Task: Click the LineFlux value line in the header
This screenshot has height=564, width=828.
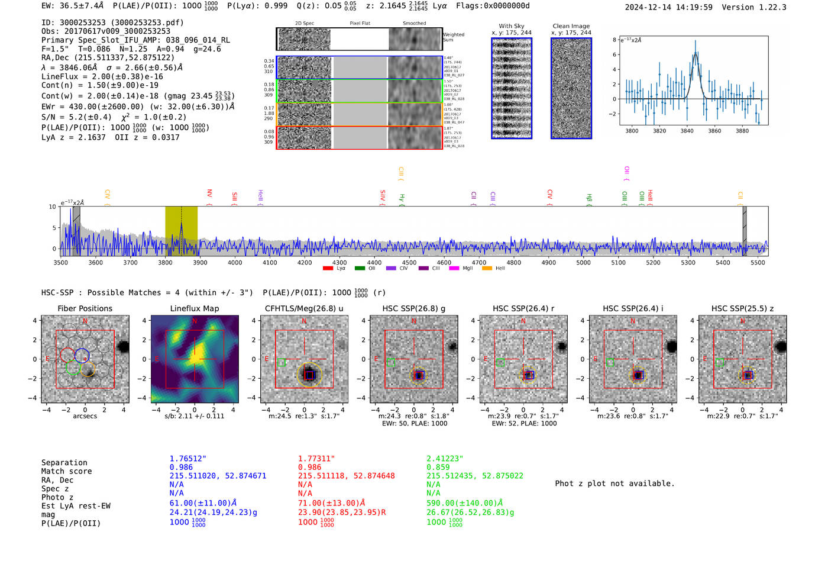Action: [102, 76]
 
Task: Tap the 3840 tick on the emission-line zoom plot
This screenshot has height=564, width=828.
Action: [687, 131]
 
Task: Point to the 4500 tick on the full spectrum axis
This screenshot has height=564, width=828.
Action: [409, 262]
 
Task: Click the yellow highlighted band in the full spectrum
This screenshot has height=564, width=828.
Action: [181, 231]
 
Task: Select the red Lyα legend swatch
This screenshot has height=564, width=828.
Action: [328, 269]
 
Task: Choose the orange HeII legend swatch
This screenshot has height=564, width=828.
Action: [487, 269]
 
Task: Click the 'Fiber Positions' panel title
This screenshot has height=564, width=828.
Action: [85, 308]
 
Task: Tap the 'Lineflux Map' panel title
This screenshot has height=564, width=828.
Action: [195, 308]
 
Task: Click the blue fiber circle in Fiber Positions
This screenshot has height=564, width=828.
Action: [82, 356]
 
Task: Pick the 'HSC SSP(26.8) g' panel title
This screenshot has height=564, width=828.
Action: [414, 308]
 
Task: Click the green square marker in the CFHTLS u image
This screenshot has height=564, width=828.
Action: [281, 362]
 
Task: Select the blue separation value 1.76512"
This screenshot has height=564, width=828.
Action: [187, 459]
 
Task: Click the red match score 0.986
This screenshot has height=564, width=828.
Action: [309, 467]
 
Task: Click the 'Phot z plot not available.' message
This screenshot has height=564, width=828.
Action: [614, 484]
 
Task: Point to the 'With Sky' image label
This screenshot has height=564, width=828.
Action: [512, 26]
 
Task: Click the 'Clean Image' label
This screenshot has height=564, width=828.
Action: [571, 26]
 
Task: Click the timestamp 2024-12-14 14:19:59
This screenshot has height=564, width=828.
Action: [668, 7]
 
